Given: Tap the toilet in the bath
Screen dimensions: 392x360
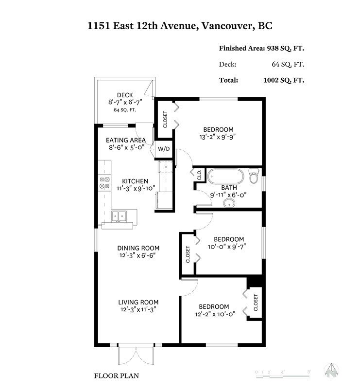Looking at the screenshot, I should coord(253,177).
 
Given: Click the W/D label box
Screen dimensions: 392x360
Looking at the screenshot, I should coord(164,149).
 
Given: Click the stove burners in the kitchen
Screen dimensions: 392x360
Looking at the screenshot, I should coord(104,182).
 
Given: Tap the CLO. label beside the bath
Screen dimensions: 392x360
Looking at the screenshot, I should coord(199,175).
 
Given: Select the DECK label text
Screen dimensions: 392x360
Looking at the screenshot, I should coord(125,95).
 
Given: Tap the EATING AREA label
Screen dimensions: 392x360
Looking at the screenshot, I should coord(126,140).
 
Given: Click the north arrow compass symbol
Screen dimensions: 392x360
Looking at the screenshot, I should coord(333,370).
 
